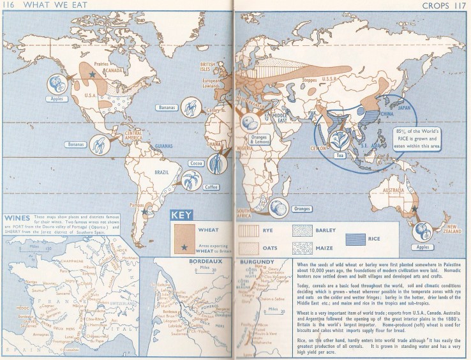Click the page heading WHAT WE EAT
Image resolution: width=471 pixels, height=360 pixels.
point(45,6)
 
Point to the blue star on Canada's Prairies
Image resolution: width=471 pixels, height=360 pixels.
point(93,75)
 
